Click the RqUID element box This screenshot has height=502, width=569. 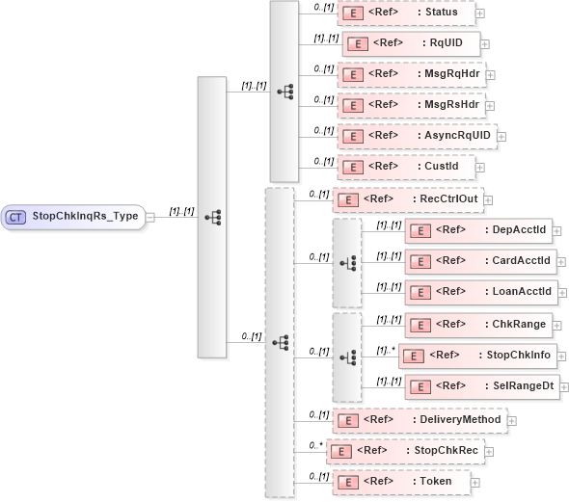(x=411, y=43)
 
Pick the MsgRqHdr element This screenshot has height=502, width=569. (x=411, y=74)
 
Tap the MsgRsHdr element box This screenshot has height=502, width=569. (x=411, y=105)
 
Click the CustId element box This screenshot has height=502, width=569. (x=405, y=167)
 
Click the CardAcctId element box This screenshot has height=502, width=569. (x=480, y=260)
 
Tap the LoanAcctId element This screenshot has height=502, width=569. (x=480, y=291)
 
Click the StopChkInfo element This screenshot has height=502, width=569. (x=477, y=356)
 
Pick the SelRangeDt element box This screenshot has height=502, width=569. (x=480, y=386)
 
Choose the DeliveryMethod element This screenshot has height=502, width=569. (x=419, y=420)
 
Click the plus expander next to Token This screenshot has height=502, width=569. (x=475, y=482)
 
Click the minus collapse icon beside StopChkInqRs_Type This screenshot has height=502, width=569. (x=150, y=218)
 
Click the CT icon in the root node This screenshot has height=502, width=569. (x=15, y=217)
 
